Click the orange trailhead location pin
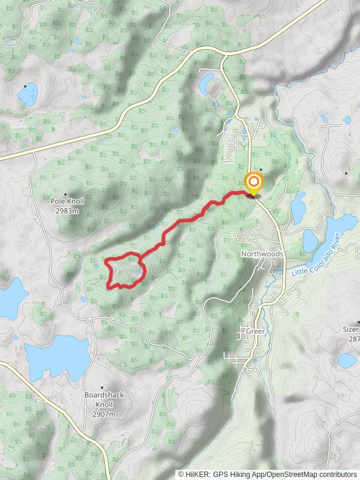click(x=253, y=183)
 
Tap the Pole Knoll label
click(x=67, y=202)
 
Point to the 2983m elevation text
click(x=67, y=211)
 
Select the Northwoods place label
click(x=262, y=254)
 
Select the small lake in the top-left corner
click(x=27, y=93)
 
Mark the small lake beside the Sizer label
click(x=347, y=360)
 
